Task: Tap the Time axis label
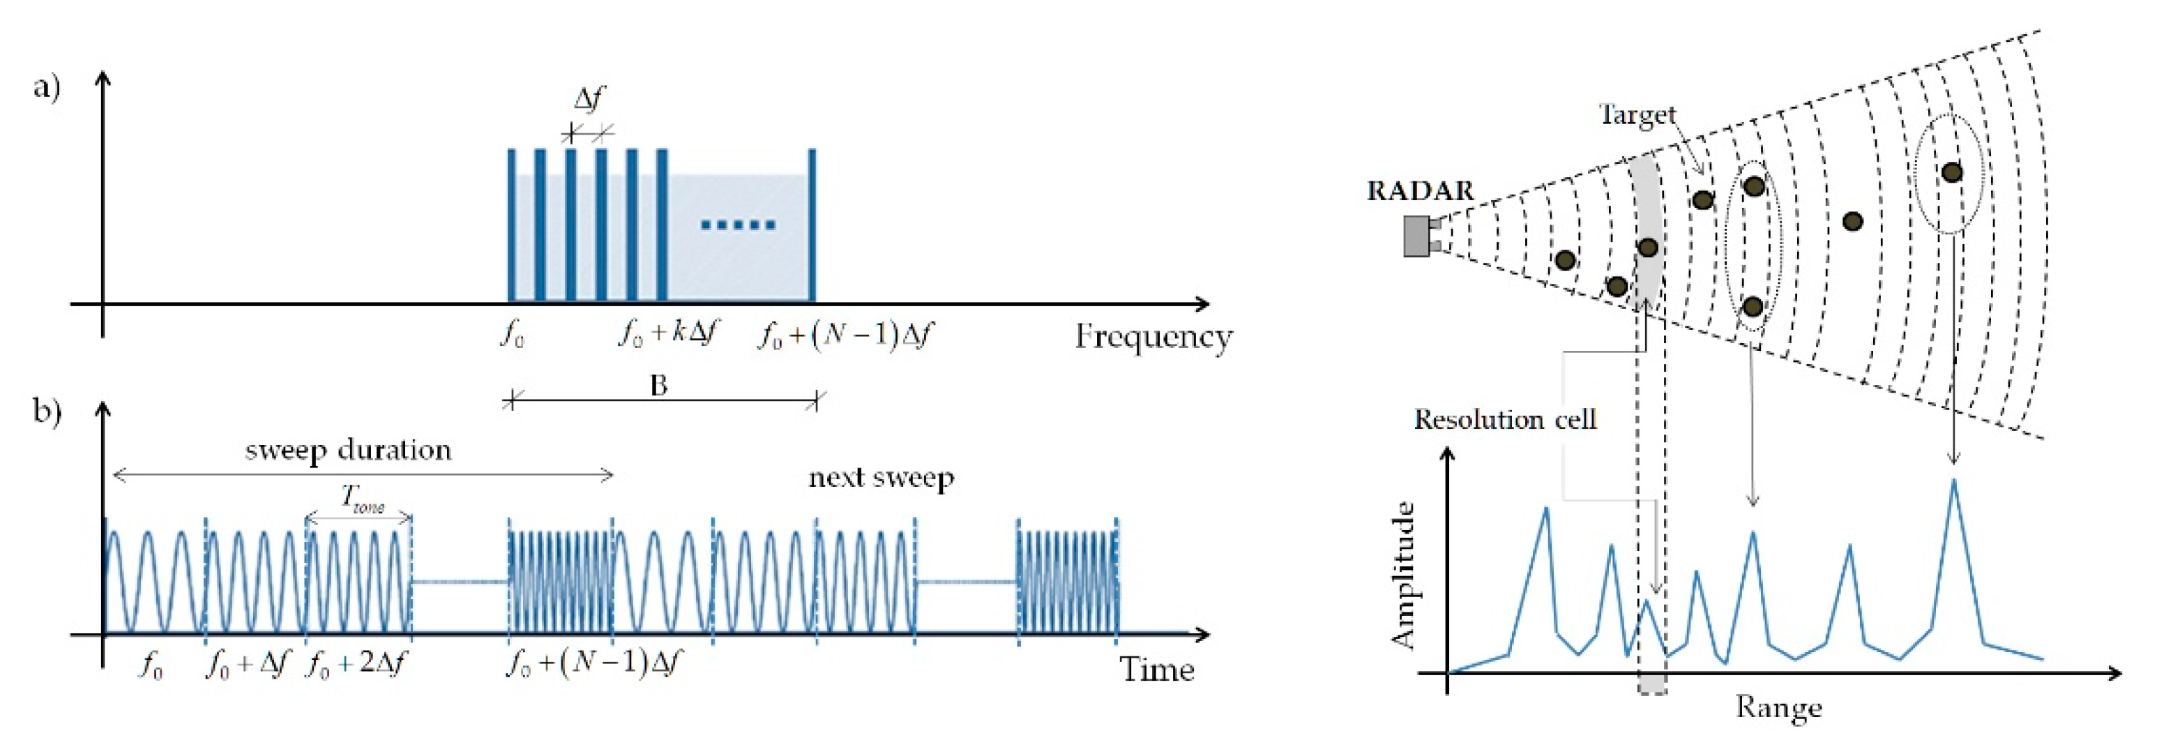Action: (1156, 670)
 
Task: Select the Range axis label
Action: (1778, 708)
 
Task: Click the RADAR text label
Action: (1420, 191)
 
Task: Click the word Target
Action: (1637, 115)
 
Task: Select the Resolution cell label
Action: (1505, 419)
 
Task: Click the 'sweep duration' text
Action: (348, 451)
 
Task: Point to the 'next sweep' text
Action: (881, 478)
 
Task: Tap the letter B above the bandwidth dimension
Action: (659, 386)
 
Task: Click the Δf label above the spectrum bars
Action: (589, 99)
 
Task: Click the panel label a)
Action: (47, 87)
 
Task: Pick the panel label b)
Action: (47, 412)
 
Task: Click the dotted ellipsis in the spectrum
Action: (738, 225)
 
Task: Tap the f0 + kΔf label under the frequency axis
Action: (668, 334)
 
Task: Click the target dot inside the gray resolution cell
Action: (1647, 247)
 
